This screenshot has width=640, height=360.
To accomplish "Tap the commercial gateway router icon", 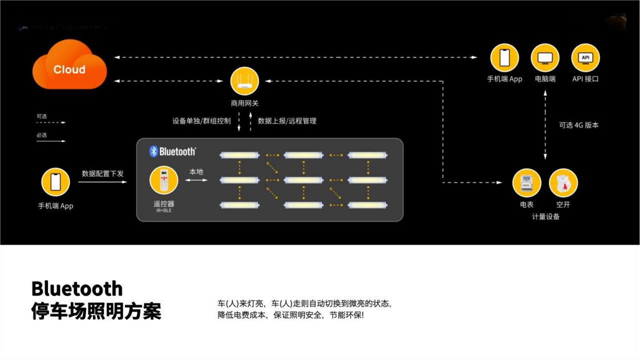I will point(244,81).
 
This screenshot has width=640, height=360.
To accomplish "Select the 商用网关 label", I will point(244,103).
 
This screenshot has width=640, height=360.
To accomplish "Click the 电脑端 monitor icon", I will point(545,58).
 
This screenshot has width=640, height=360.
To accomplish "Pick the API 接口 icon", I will point(585,58).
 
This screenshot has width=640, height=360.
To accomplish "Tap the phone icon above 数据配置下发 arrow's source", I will point(55,182).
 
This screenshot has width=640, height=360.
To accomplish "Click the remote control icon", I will point(164,180).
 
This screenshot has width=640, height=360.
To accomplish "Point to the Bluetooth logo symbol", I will point(154,151).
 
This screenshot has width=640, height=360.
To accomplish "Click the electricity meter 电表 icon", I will point(527,183).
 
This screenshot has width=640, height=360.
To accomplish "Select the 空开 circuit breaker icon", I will point(563,183).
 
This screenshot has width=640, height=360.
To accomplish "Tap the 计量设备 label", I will point(545,217).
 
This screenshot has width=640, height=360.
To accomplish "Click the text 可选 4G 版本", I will point(579,125).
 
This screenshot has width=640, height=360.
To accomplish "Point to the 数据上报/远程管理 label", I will point(287,121).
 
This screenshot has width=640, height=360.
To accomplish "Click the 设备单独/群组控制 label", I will point(201,121).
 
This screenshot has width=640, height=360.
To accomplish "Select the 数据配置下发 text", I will point(102,174).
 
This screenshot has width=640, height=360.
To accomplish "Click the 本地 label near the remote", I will point(196,171).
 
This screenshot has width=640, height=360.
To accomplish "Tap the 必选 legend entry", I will point(42,135).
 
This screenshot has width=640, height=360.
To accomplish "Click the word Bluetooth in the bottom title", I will point(77,289).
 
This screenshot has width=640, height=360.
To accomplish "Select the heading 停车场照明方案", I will point(96,311).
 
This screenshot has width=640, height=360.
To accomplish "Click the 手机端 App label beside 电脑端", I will point(504,79).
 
